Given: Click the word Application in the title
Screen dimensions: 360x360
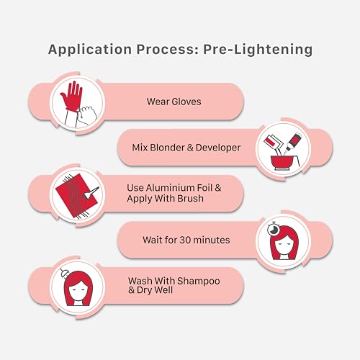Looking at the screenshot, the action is pyautogui.click(x=90, y=50).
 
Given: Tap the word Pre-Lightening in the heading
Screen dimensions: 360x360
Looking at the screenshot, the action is pyautogui.click(x=258, y=50).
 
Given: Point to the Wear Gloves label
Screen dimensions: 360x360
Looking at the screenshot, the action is pyautogui.click(x=174, y=102).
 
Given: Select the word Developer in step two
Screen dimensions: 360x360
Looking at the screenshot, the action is pyautogui.click(x=218, y=148).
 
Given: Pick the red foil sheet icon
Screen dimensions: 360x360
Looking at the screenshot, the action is pyautogui.click(x=76, y=196).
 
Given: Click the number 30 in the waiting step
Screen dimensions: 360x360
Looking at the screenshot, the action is pyautogui.click(x=185, y=240).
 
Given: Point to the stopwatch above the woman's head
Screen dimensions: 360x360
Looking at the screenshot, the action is pyautogui.click(x=273, y=230).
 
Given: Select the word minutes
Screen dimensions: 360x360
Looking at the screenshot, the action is pyautogui.click(x=212, y=240).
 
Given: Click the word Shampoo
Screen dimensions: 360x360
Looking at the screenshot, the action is pyautogui.click(x=199, y=281).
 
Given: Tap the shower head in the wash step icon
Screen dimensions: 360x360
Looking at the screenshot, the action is pyautogui.click(x=64, y=272).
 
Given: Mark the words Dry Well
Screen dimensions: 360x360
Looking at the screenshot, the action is pyautogui.click(x=155, y=290).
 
